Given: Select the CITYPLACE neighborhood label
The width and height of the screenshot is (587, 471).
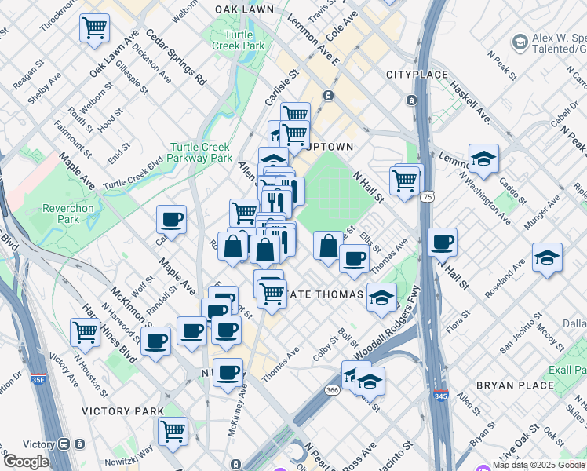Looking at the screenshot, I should point(415,75).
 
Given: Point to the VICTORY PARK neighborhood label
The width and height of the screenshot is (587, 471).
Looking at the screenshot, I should point(123,411).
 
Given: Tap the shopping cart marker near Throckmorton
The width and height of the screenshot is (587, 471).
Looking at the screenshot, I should point(94,29).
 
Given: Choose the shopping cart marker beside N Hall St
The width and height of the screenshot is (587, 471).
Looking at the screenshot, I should point(405,181).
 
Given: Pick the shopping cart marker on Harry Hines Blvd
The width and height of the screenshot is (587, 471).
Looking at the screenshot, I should point(85,331).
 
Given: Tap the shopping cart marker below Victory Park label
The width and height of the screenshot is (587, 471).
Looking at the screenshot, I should point(173,430).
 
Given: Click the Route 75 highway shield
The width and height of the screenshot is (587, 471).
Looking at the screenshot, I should point(428,196).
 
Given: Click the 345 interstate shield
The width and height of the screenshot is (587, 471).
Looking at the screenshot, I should point(442,396).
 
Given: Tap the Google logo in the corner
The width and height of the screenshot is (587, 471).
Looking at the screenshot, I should point(25,462).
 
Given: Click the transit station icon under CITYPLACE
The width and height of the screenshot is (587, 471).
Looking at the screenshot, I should point(410,100).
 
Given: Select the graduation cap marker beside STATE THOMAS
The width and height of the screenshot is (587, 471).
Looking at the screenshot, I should point(381,298).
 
